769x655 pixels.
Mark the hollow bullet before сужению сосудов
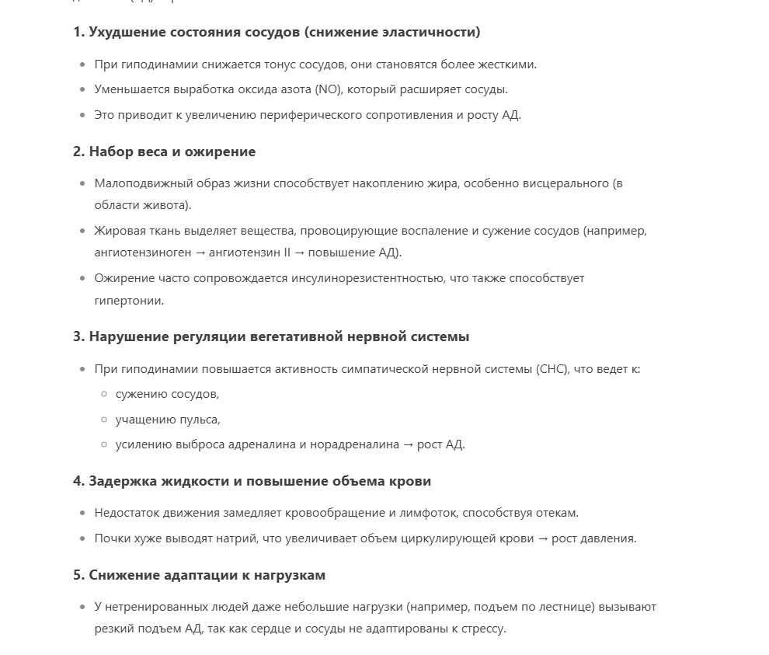click(x=104, y=394)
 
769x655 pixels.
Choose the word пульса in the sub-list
click(x=201, y=420)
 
